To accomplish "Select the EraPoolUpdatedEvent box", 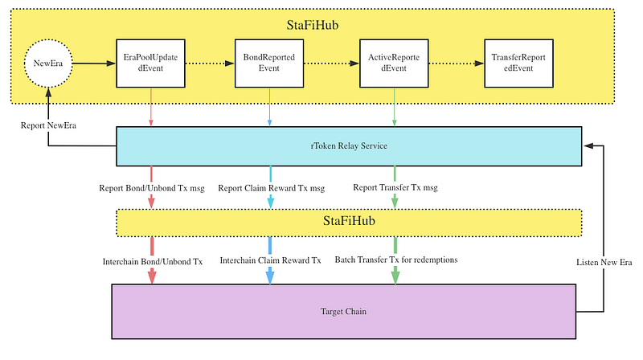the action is coord(150,63).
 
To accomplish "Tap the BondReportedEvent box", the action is coord(269,63).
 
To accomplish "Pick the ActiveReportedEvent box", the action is coord(394,63).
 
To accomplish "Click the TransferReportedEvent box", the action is coord(518,63).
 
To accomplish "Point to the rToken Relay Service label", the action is coord(349,146).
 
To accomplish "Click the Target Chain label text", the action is coord(343,312).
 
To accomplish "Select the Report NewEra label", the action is coord(48,125).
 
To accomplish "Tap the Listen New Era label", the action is coord(604,263).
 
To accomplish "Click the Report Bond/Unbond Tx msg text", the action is coord(152,188).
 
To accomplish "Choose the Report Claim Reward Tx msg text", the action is coord(271,188).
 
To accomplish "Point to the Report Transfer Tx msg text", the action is coord(395,188).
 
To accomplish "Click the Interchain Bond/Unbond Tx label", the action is coord(153,262).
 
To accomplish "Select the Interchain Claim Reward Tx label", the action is coord(270,260).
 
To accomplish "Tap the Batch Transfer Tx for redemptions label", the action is coord(396,260).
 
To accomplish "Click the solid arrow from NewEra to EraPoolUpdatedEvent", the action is coord(94,63).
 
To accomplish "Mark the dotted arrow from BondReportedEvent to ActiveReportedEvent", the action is coord(331,63).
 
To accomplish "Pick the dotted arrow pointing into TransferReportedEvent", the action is coord(456,63).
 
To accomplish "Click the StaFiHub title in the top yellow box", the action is coord(313,25).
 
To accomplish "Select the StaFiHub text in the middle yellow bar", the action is coord(349,221).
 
